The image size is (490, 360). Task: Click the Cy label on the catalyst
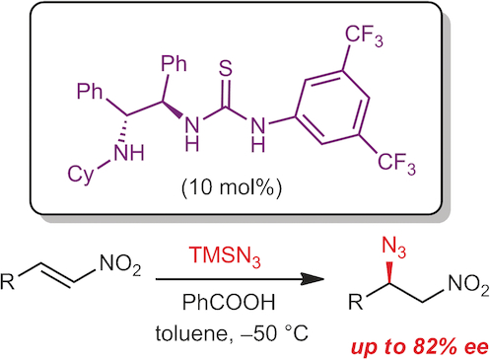84,174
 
